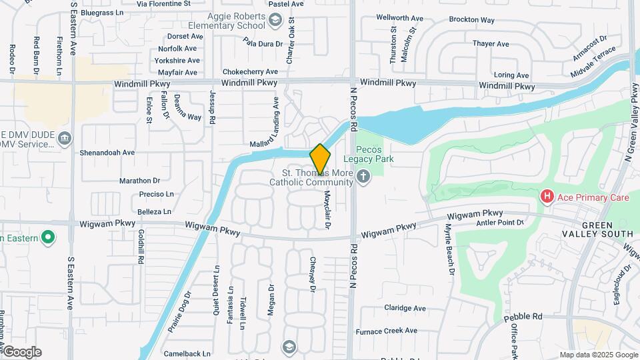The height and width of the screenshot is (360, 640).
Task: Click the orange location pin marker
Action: [x=321, y=159]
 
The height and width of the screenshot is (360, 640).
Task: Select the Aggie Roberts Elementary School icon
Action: [x=275, y=21]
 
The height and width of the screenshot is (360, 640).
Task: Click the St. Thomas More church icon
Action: [x=363, y=177]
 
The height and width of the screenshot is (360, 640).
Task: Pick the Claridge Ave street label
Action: [x=405, y=308]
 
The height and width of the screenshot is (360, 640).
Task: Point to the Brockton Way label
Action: [x=471, y=20]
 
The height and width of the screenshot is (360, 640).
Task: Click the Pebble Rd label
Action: [x=527, y=316]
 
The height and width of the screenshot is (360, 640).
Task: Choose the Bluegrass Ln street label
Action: [x=101, y=12]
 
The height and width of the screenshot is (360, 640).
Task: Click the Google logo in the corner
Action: [x=22, y=352]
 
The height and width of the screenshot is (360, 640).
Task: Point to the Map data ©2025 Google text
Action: [x=599, y=355]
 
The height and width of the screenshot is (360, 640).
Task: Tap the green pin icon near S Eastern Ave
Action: [x=47, y=237]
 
